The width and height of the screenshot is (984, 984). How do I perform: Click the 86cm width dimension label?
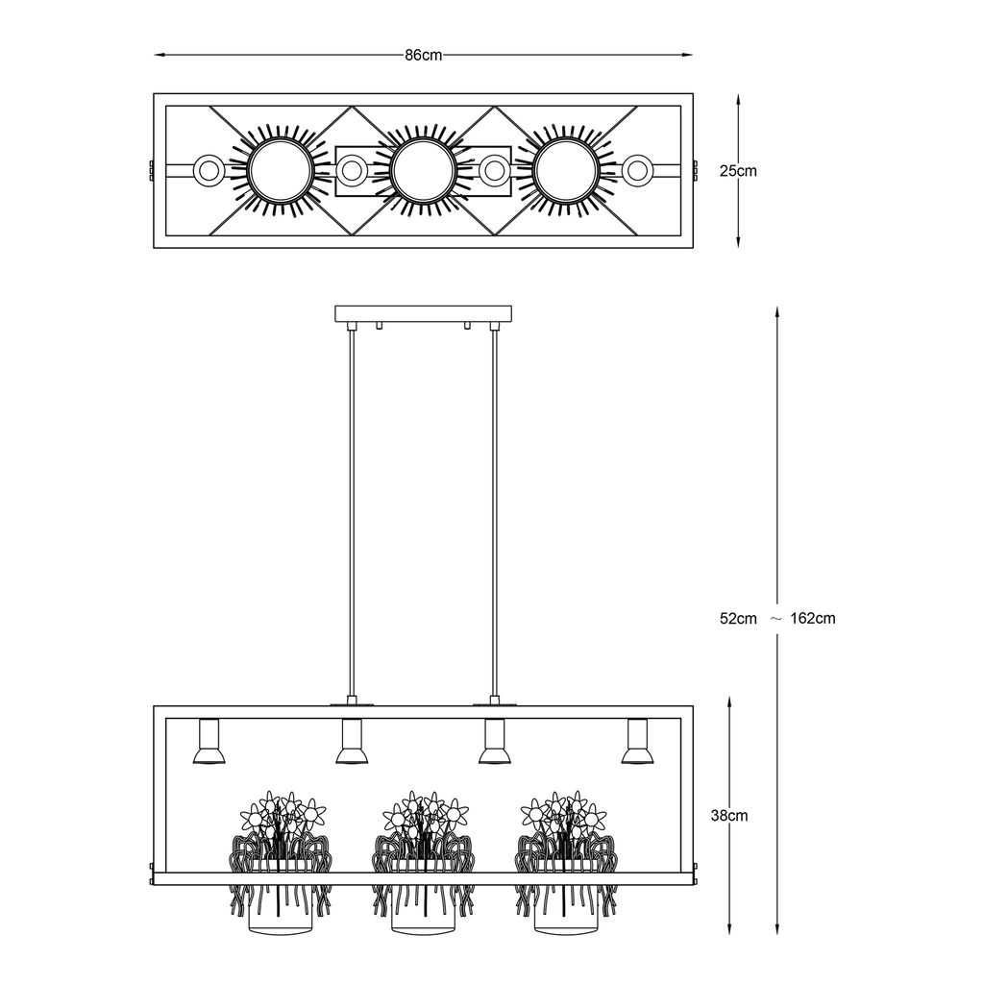click(x=424, y=55)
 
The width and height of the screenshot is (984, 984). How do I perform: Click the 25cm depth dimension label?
click(x=738, y=171)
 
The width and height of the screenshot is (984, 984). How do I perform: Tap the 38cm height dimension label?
click(x=729, y=816)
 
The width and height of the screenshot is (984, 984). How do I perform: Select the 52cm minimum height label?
click(x=738, y=618)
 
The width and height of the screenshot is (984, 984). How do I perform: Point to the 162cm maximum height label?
click(x=813, y=618)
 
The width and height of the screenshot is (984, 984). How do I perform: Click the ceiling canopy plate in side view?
click(x=424, y=313)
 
